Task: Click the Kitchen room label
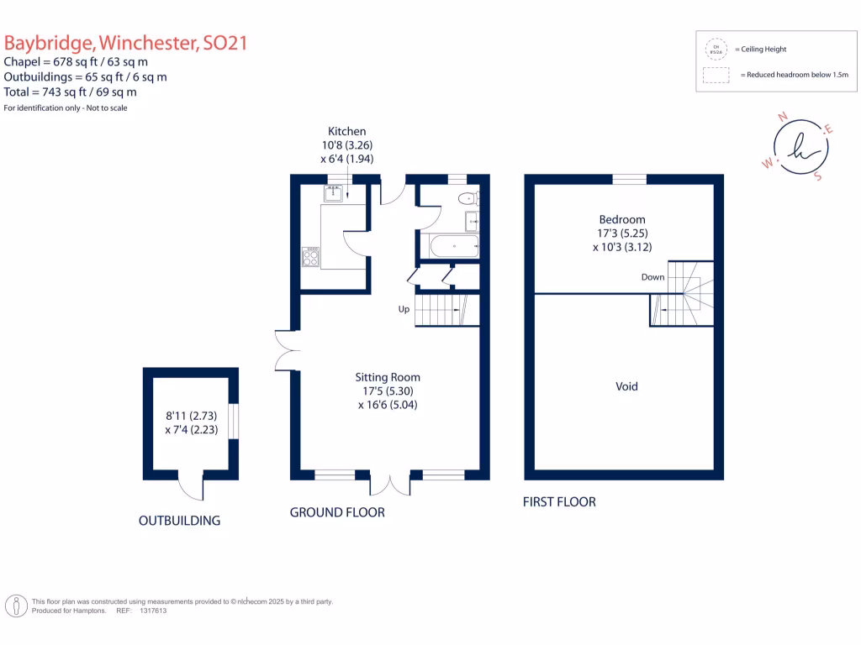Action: tap(346, 131)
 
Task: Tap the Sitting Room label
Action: tap(387, 377)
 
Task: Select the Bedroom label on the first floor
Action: tap(622, 219)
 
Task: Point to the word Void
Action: tap(626, 386)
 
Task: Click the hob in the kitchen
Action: tap(311, 257)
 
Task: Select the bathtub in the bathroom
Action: tap(454, 246)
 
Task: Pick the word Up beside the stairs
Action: tap(404, 309)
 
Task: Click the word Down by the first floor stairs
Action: tap(652, 277)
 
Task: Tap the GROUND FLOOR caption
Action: tap(337, 512)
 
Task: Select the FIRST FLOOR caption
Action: tap(559, 502)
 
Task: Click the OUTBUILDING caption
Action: tap(179, 521)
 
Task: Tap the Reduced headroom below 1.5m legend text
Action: tap(795, 75)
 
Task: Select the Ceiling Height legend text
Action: tap(763, 50)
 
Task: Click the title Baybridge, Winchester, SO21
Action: tap(126, 43)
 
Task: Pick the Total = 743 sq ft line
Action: tap(71, 92)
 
